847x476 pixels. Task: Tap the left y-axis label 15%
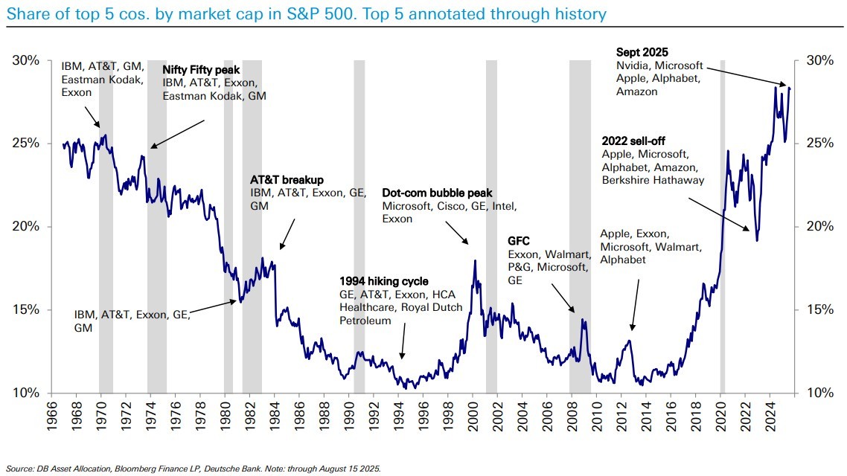27,310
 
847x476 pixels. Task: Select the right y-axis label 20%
819,226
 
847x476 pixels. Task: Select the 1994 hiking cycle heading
384,281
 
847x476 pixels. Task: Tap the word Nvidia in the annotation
633,65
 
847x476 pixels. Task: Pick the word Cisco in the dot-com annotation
450,205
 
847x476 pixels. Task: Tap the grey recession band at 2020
722,223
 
